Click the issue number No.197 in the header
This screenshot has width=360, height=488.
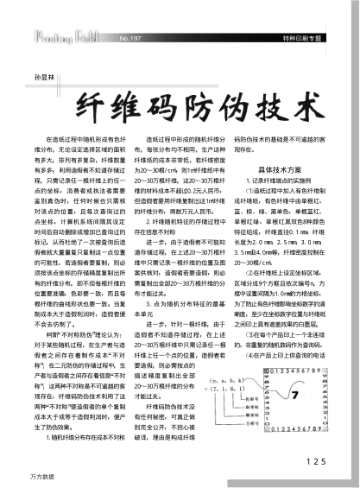click(131, 39)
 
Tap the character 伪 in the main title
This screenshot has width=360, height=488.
click(232, 106)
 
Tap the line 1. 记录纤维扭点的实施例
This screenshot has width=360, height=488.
click(275, 183)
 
